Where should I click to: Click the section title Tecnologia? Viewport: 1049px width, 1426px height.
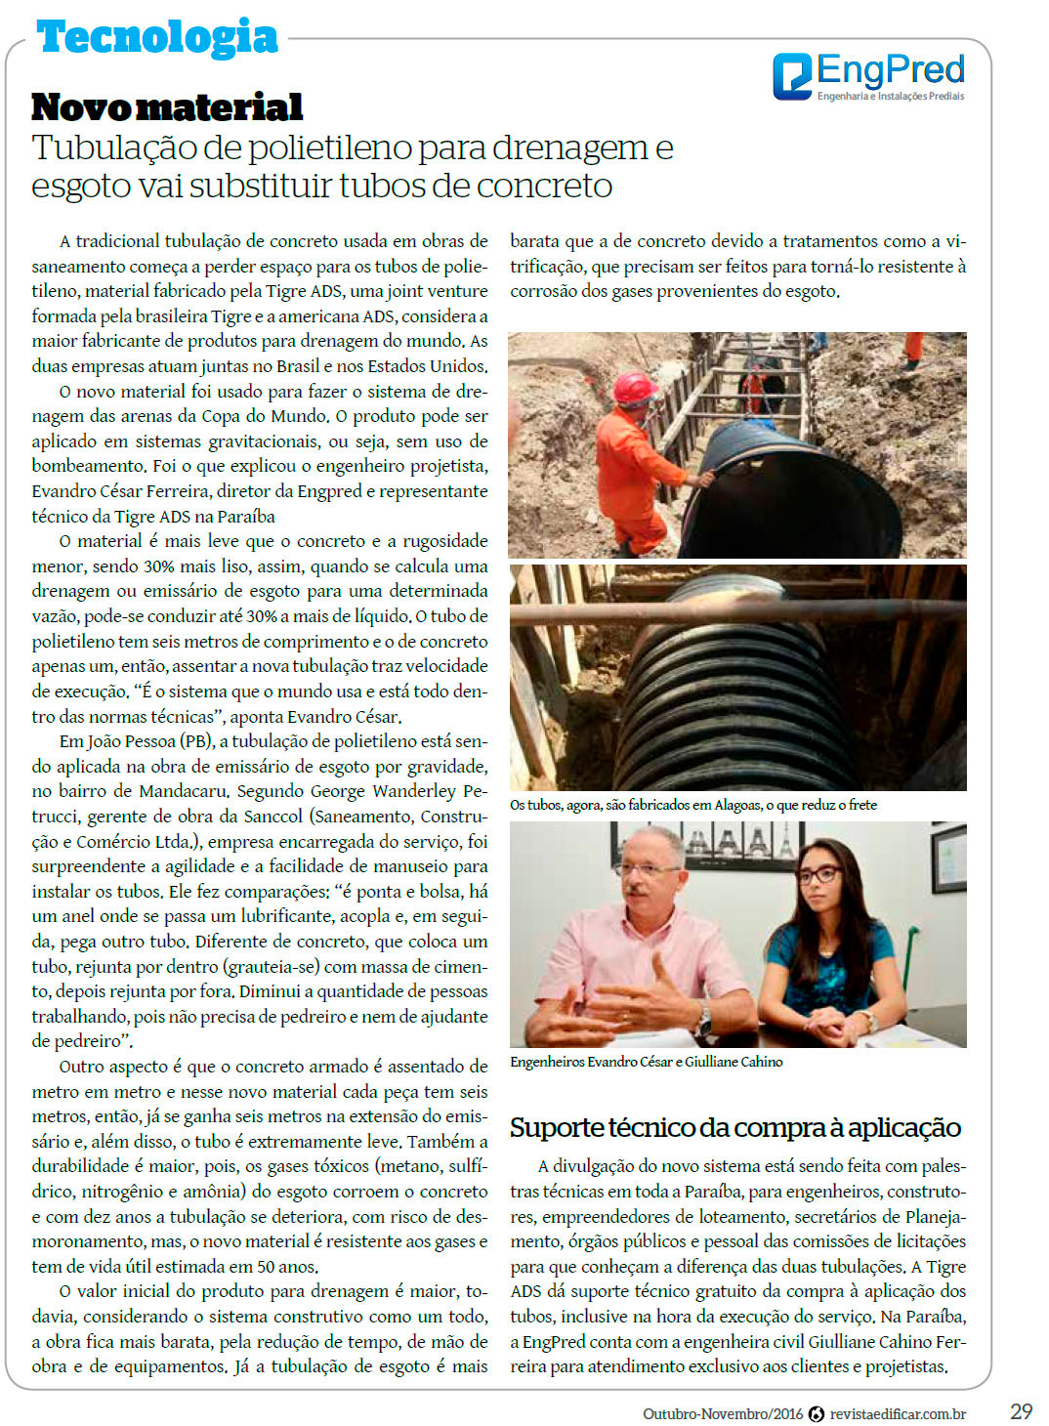(x=157, y=38)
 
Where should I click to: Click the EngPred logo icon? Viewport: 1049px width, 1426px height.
(x=792, y=76)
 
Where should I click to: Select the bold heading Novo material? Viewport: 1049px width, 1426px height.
(x=167, y=106)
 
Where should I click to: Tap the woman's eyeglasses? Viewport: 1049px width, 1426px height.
(x=818, y=875)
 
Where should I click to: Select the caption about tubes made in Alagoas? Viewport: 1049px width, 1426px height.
(x=693, y=805)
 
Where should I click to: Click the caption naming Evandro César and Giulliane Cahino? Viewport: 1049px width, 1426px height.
(x=646, y=1062)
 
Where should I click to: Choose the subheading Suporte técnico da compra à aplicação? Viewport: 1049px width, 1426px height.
(x=734, y=1127)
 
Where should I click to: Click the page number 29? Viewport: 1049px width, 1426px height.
(x=1021, y=1411)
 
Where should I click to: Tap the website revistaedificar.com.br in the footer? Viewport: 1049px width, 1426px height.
(x=898, y=1413)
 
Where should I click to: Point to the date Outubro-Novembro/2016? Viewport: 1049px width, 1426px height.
(x=722, y=1413)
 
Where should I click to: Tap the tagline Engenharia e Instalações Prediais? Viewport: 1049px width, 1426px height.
(x=890, y=97)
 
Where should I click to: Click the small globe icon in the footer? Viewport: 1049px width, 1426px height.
(x=817, y=1413)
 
